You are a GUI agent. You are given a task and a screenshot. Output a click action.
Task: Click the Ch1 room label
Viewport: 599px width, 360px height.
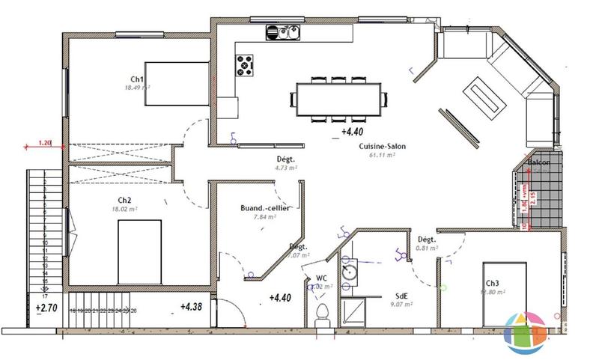coord(136,79)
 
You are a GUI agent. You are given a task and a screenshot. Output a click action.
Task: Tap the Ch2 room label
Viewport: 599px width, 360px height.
coord(124,200)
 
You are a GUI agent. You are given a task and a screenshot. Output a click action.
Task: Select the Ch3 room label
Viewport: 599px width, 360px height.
coord(492,284)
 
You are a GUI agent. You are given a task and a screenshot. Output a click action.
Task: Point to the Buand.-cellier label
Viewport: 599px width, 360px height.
coord(261,208)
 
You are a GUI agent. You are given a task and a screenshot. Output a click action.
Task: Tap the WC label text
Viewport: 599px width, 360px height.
coord(320,278)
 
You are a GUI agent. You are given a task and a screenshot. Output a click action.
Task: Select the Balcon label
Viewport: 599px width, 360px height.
coord(539,162)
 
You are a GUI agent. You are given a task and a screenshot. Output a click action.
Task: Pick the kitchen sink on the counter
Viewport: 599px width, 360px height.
coord(282,32)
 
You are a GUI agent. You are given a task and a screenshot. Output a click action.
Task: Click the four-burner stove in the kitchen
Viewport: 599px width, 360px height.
coord(246,65)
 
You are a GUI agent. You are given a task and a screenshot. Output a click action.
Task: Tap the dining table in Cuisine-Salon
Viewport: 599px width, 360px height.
coord(341,99)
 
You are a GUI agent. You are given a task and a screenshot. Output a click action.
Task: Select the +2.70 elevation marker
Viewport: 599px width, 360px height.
coord(46,307)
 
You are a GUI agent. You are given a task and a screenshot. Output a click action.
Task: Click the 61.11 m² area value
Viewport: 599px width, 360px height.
coord(382,156)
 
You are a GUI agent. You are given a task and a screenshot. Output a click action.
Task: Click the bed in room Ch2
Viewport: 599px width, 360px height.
coord(139,252)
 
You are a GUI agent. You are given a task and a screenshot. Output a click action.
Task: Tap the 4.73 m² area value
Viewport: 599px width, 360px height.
coord(286,168)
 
